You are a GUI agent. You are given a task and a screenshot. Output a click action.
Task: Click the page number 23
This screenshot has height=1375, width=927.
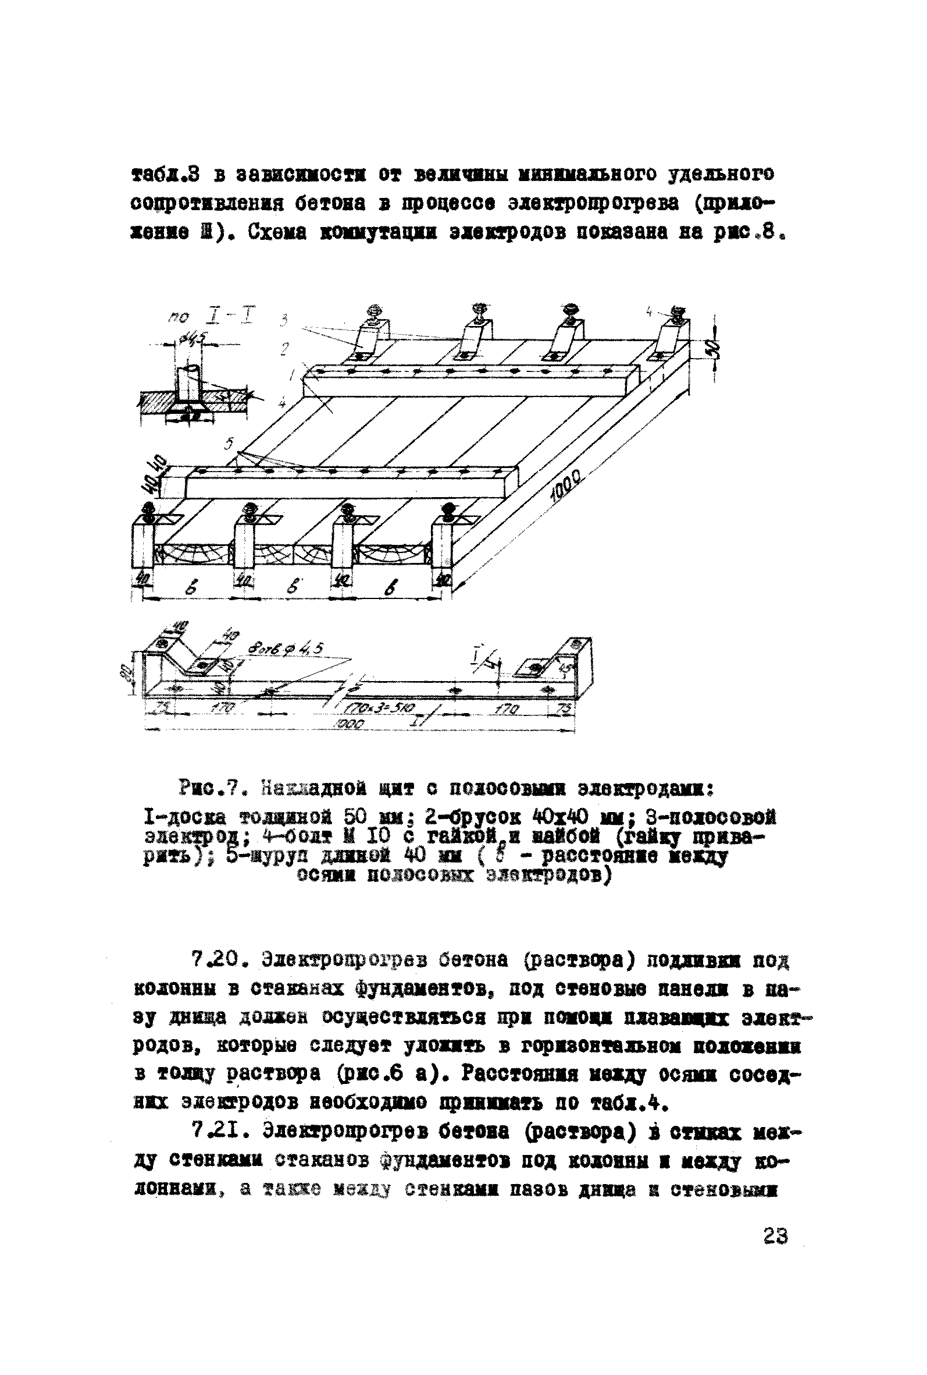(775, 1236)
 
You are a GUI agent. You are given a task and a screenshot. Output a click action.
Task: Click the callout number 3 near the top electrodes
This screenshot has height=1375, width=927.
(284, 321)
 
